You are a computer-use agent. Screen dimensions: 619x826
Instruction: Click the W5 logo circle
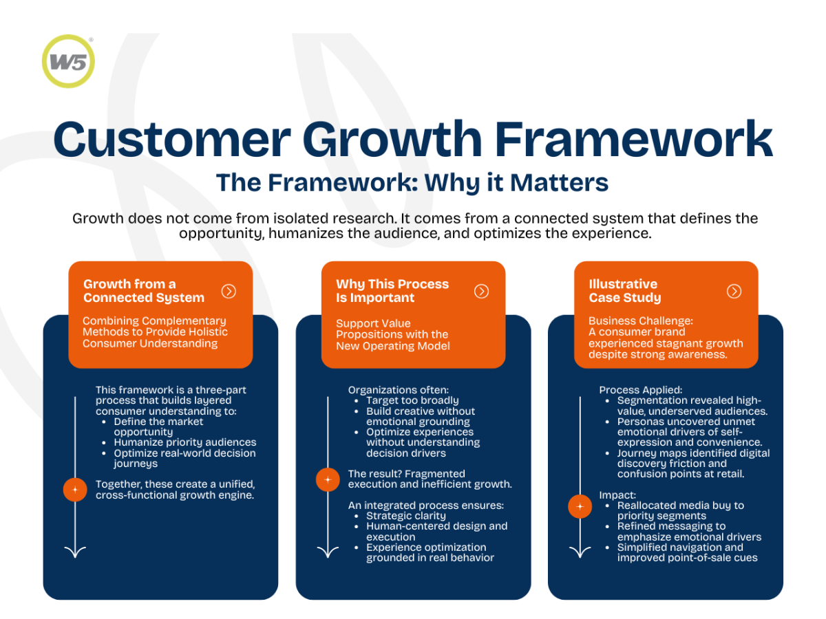[68, 61]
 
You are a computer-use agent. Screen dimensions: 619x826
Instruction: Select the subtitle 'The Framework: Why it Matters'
[412, 183]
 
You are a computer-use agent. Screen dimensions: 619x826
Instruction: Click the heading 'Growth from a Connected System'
[144, 291]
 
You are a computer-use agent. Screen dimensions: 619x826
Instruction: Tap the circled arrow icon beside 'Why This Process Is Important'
[482, 292]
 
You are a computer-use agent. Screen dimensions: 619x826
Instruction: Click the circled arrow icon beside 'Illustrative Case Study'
[734, 292]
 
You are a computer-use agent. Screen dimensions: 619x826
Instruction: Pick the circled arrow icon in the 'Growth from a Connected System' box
[229, 292]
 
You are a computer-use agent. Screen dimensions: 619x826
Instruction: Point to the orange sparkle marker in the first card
[75, 490]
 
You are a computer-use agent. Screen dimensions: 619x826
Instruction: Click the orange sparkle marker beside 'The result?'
[328, 479]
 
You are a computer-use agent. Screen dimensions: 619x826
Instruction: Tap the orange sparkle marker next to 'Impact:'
[580, 507]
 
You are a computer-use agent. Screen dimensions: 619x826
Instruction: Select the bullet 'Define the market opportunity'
[159, 426]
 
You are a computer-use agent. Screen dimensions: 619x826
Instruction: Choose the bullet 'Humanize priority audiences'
[184, 442]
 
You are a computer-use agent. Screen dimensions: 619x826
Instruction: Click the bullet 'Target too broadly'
[412, 400]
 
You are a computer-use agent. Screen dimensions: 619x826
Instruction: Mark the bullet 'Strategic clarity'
[405, 516]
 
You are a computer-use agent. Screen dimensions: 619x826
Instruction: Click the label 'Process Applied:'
[640, 390]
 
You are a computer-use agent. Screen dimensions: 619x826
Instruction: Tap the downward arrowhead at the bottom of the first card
[75, 551]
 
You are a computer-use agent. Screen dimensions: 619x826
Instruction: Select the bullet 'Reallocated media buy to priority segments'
[680, 510]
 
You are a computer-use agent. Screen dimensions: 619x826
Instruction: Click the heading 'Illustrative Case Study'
[624, 291]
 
